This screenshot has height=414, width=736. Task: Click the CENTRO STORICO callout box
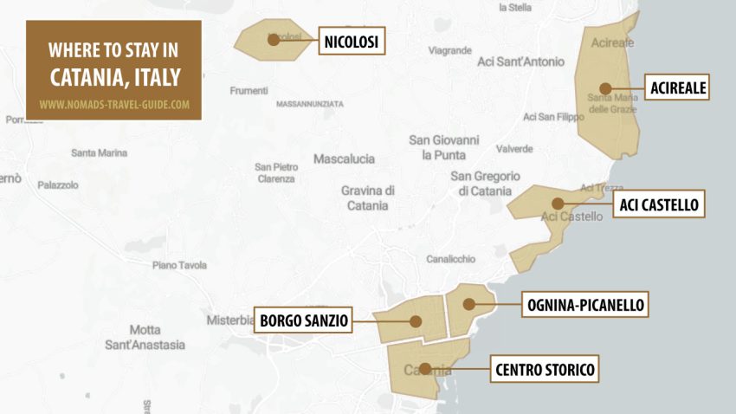pos(545,370)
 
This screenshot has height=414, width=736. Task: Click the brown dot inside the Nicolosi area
pos(274,40)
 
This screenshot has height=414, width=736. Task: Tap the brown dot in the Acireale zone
pos(605,87)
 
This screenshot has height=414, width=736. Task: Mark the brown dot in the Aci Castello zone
pos(558,204)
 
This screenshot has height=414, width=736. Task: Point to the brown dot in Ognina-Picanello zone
pos(468,304)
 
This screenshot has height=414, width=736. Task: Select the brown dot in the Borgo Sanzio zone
pos(416,321)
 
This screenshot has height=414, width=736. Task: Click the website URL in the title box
pos(114,105)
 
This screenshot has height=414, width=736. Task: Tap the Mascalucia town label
pos(344,159)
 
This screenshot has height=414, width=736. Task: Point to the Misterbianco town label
pos(229,320)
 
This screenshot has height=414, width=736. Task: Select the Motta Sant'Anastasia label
pos(145,337)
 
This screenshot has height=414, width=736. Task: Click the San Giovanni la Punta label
pos(443,147)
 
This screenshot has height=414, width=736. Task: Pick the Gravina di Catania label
pos(368,197)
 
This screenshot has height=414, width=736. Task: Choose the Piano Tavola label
pos(180,265)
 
